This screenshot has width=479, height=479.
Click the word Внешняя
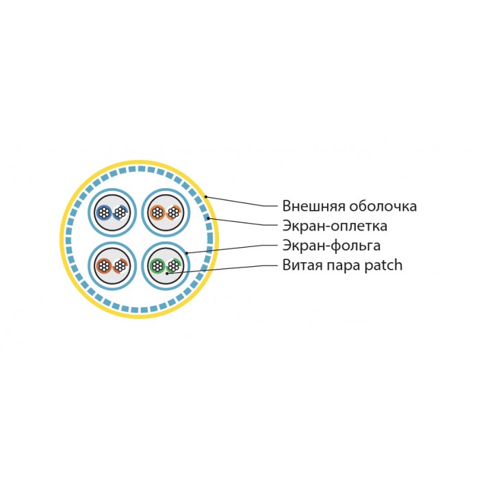(x=313, y=206)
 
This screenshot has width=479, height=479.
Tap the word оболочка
(x=383, y=206)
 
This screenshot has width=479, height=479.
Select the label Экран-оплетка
(x=335, y=226)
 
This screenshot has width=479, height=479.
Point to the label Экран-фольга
(x=331, y=246)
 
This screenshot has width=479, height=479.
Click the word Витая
(x=302, y=266)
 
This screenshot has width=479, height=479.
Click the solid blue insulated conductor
(x=104, y=212)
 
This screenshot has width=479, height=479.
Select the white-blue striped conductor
(x=120, y=212)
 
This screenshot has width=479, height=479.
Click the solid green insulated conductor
(x=157, y=266)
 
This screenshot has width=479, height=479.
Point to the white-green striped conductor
(x=174, y=266)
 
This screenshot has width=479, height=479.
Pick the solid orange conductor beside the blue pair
(x=157, y=212)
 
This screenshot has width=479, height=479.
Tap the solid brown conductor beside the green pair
(x=104, y=266)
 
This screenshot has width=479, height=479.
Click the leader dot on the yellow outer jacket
(x=206, y=197)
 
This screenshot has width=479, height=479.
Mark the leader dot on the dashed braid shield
(x=208, y=218)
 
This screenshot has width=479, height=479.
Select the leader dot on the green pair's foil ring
(x=187, y=253)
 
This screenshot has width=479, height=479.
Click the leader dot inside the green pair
(x=167, y=273)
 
